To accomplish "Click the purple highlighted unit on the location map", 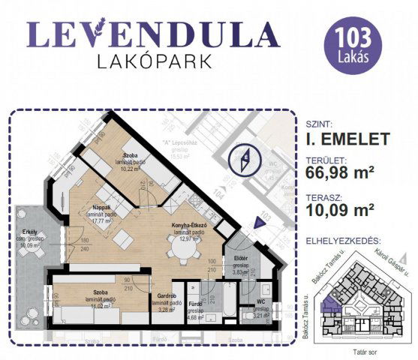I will click(329, 304).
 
